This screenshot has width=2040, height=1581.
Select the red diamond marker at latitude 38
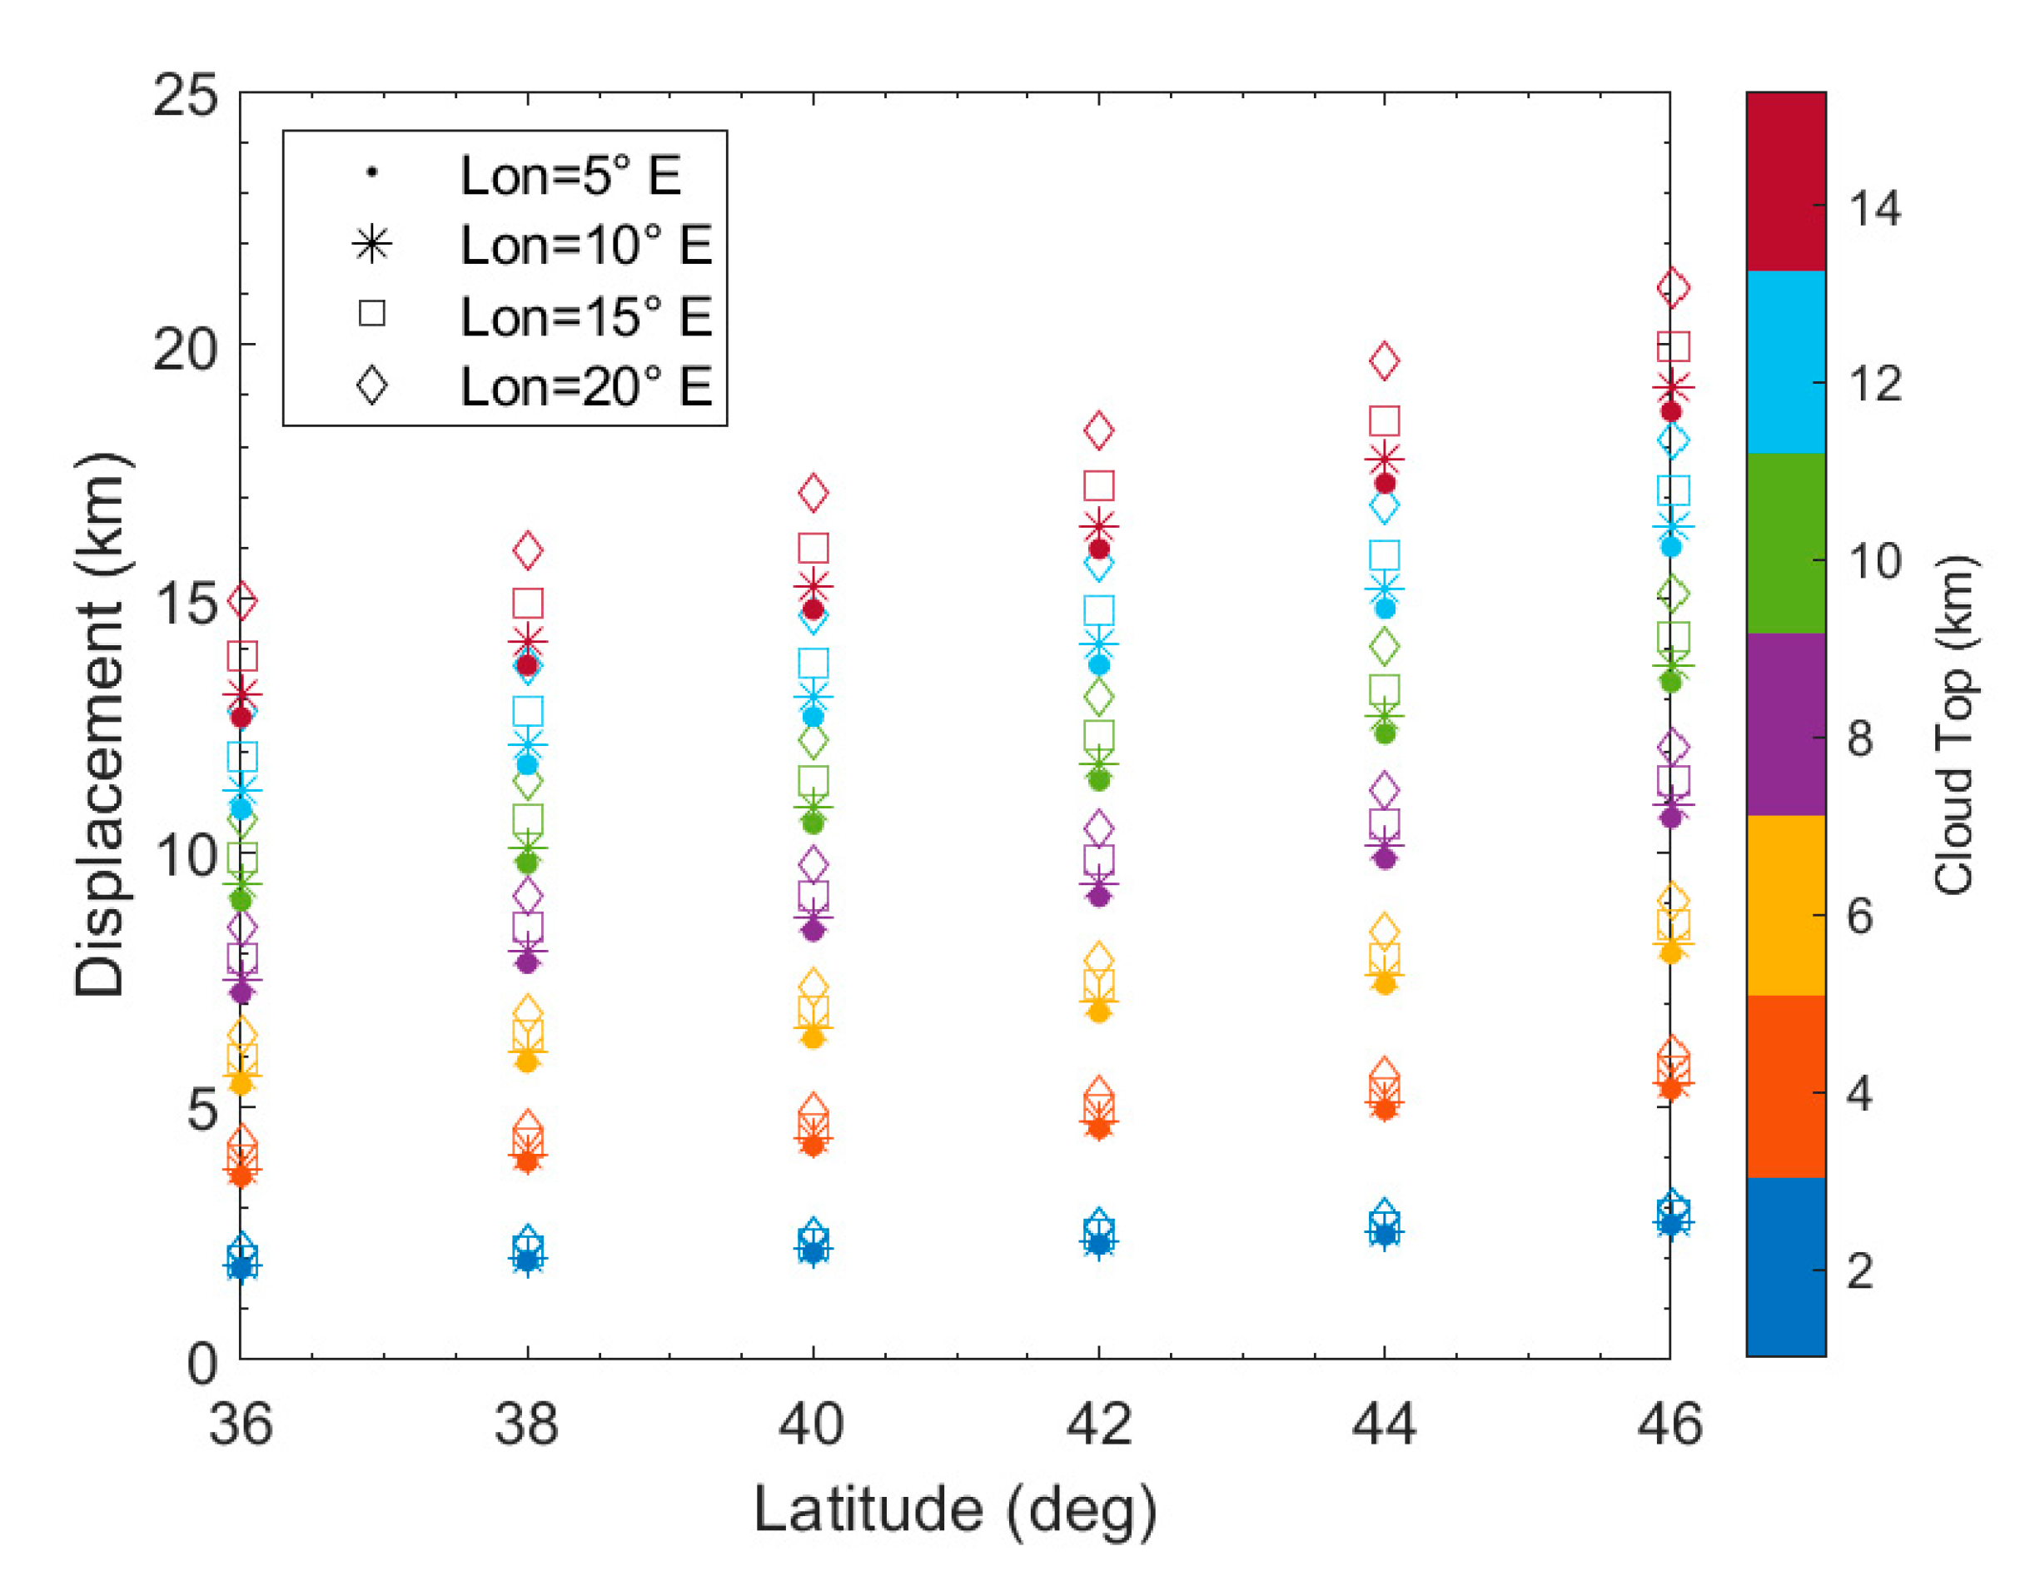tap(528, 551)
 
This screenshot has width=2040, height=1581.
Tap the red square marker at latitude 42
tap(1098, 485)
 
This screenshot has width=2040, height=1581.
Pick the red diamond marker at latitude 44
tap(1384, 360)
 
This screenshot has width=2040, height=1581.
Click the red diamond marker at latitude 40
tap(814, 492)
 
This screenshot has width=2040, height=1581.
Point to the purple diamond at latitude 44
tap(1384, 790)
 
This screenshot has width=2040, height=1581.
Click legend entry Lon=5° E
tap(570, 175)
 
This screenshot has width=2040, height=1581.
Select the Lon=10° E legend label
tap(585, 245)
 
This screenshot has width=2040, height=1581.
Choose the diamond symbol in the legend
tap(371, 385)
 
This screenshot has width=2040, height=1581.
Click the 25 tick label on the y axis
tap(185, 94)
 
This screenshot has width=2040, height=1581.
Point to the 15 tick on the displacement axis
tap(185, 601)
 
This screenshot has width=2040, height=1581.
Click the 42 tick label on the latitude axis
tap(1098, 1425)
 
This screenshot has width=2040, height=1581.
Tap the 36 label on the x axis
tap(241, 1425)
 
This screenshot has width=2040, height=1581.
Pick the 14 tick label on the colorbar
tap(1873, 207)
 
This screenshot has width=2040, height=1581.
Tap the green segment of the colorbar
tap(1785, 544)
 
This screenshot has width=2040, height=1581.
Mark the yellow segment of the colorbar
tap(1785, 904)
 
